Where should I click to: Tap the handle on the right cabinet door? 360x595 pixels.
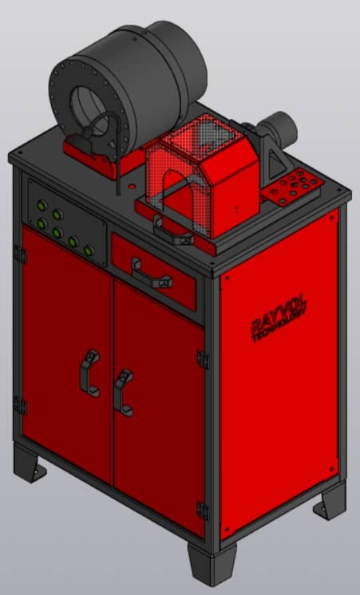[x=124, y=390]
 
